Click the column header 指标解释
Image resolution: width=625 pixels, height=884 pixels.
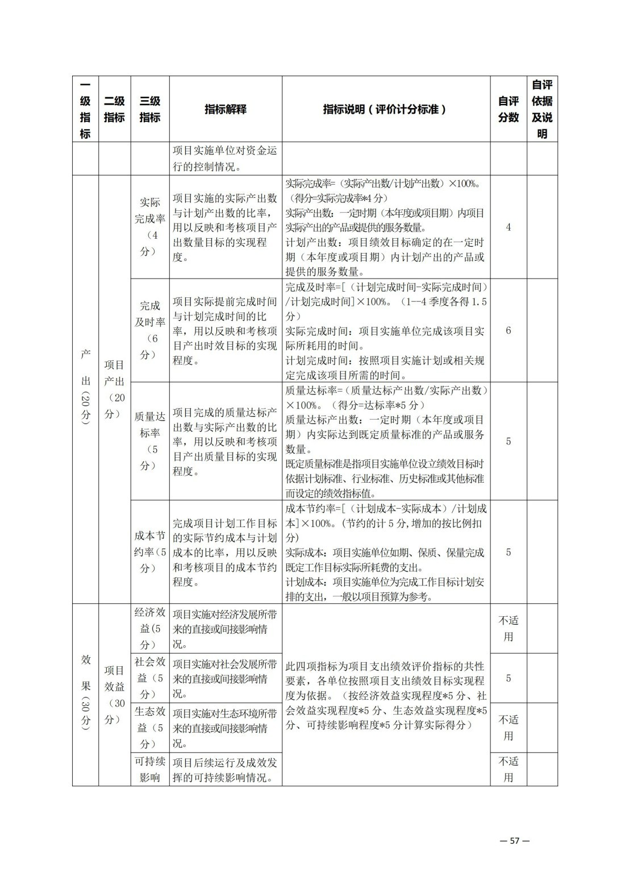tap(226, 109)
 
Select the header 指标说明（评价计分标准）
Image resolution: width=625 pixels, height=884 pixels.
tap(385, 109)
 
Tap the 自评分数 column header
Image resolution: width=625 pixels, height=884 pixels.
tap(508, 109)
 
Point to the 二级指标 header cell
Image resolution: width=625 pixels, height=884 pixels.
tap(114, 109)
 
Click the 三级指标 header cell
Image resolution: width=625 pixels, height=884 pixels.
tap(150, 109)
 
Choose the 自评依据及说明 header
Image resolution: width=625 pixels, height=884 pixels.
tap(542, 109)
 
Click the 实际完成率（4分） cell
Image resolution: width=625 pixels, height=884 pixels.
tap(150, 227)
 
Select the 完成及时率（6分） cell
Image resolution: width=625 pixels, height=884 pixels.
tap(150, 330)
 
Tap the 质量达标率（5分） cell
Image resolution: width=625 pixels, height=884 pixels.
tap(150, 441)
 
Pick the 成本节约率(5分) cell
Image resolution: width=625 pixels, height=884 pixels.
tap(150, 551)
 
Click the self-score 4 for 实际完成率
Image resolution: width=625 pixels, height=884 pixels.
tap(508, 227)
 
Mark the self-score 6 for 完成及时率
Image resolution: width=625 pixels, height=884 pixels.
tap(508, 330)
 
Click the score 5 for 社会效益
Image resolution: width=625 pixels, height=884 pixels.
tap(508, 678)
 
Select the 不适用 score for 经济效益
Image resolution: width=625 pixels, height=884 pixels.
tap(508, 628)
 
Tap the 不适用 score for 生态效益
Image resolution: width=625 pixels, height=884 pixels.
tap(508, 728)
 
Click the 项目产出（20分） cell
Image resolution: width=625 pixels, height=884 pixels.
tap(114, 389)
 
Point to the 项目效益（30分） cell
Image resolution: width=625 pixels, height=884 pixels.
tap(114, 695)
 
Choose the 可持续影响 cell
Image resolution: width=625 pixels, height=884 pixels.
tap(150, 769)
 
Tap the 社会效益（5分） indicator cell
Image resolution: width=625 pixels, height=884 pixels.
tap(150, 678)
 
